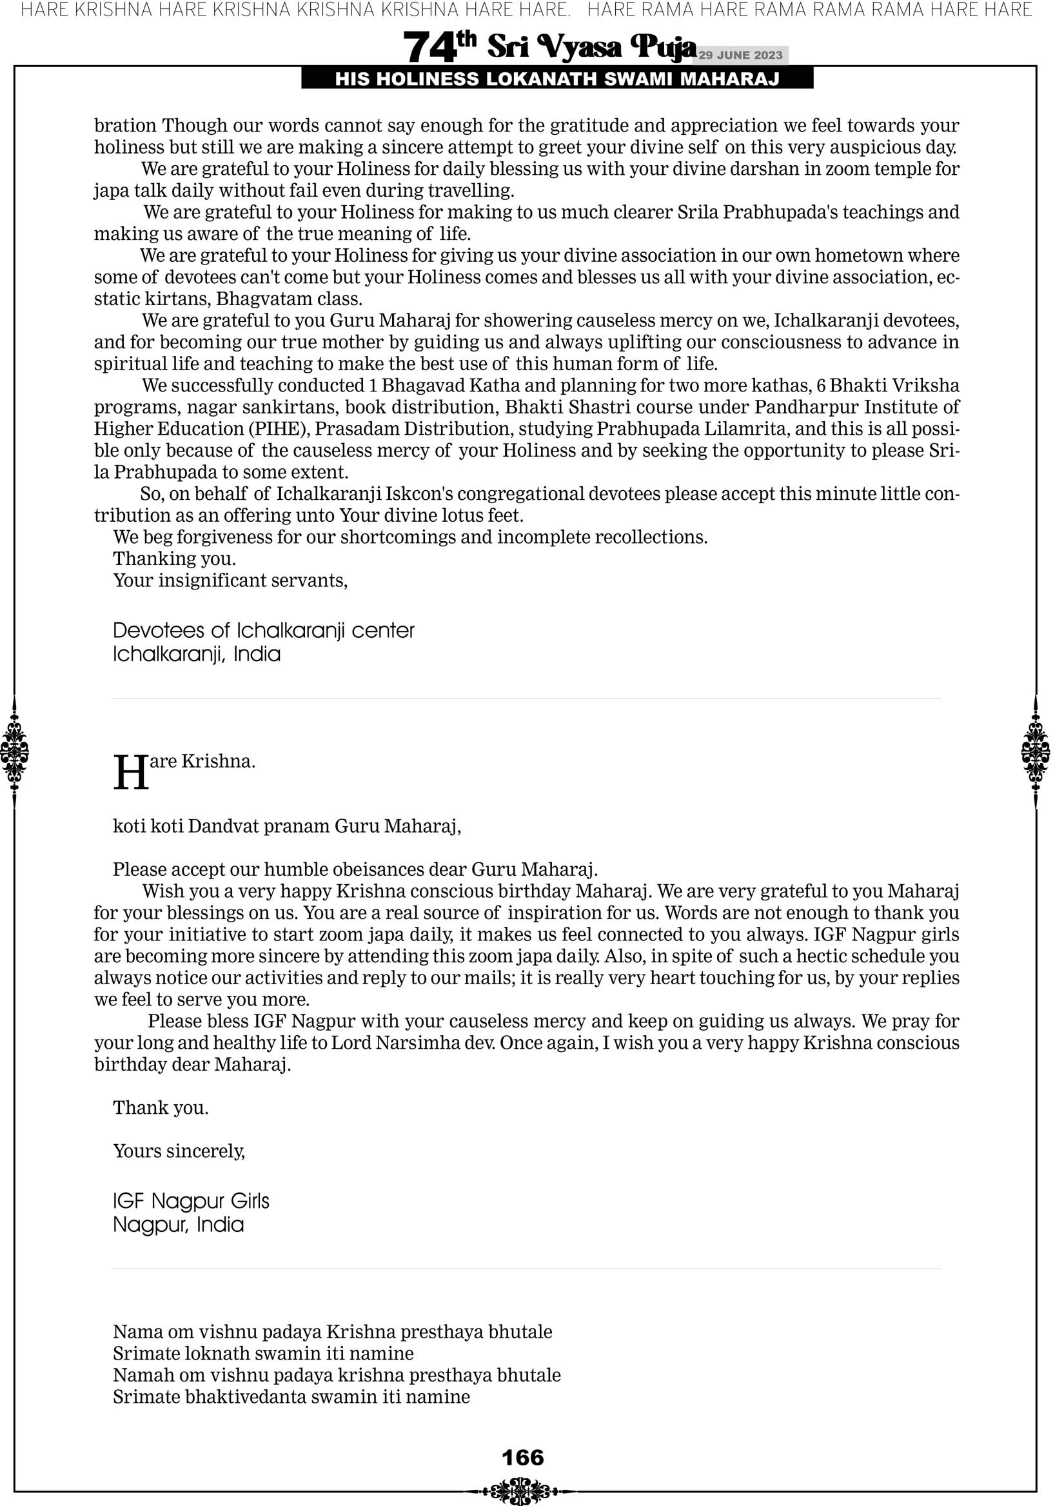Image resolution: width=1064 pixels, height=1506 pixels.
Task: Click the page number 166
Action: tap(523, 1458)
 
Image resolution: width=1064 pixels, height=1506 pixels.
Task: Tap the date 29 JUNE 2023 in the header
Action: tap(740, 55)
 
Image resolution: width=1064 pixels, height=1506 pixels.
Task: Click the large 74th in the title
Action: tap(439, 47)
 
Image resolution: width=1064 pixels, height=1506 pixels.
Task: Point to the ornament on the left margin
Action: tap(14, 751)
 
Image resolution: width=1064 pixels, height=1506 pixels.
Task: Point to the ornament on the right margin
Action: tap(1036, 751)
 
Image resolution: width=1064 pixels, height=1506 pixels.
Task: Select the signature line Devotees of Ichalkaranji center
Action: tap(264, 630)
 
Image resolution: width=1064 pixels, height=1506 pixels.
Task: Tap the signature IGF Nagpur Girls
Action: tap(191, 1201)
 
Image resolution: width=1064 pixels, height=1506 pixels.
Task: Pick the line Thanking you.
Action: tap(175, 559)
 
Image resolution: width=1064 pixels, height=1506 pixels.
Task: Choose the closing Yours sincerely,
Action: tap(179, 1151)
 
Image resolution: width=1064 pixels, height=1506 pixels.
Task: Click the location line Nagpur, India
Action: tap(179, 1225)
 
